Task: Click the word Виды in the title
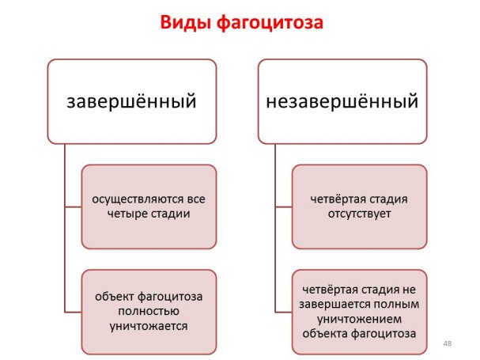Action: pos(186,23)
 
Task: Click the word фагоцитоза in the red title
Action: pos(270,23)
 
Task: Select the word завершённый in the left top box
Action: pos(131,101)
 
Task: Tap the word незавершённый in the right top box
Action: pos(342,101)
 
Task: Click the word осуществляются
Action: pos(138,199)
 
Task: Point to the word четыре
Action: pos(125,214)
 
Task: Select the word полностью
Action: pos(149,311)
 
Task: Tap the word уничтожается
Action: pos(149,326)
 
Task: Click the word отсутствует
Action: pos(359,214)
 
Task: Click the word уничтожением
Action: pos(359,319)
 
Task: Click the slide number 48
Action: pos(448,343)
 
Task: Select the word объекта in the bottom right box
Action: pos(325,334)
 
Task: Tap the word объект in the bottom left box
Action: pos(115,297)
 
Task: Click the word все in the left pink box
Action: pos(197,199)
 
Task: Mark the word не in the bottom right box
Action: pos(410,290)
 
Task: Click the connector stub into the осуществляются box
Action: pos(74,207)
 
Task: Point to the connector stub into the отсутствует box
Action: pos(284,207)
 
